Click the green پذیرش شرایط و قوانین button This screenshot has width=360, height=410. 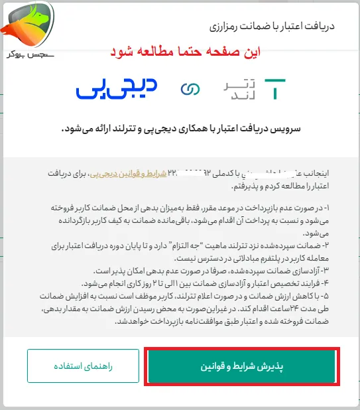(x=242, y=366)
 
